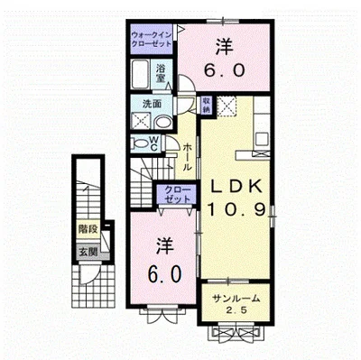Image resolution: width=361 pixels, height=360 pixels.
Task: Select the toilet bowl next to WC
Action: click(139, 144)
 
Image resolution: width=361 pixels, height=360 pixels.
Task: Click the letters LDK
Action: click(236, 187)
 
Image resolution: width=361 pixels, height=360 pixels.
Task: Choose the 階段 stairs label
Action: click(88, 231)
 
